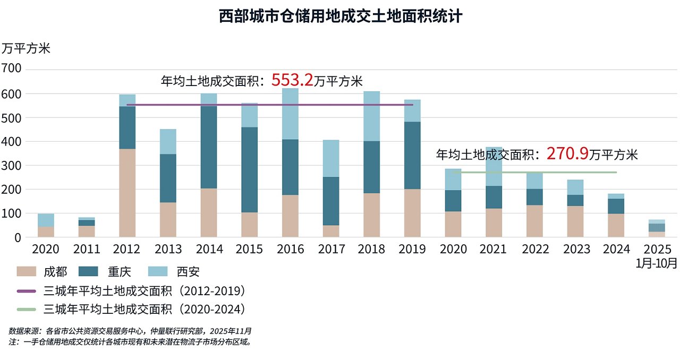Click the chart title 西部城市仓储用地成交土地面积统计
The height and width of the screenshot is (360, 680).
point(340,16)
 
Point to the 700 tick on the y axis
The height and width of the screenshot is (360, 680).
point(11,69)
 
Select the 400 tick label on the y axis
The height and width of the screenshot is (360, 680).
point(11,142)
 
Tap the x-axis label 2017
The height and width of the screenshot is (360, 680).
point(331,249)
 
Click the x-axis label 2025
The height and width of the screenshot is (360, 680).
point(657,249)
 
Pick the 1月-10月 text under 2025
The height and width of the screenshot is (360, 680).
point(657,262)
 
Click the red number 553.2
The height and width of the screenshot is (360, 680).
point(292,80)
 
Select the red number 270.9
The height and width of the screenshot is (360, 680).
point(567,154)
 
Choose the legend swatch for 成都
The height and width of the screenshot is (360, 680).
point(27,272)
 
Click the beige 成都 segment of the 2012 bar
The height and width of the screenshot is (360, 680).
point(127,193)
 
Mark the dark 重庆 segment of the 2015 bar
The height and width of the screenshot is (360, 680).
point(249,170)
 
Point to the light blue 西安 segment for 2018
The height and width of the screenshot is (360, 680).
point(371,116)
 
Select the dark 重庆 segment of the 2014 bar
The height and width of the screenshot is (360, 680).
point(209,147)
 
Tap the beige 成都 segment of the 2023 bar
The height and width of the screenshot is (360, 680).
point(575,221)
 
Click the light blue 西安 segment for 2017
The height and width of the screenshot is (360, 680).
point(331,158)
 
